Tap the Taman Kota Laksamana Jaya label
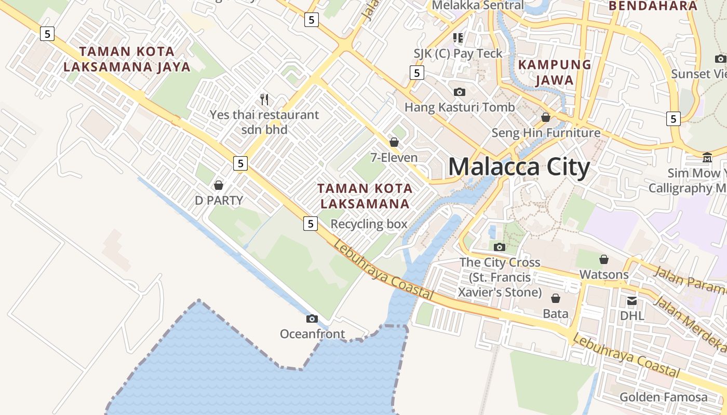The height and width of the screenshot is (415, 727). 134,59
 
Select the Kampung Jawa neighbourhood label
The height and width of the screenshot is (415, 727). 555,72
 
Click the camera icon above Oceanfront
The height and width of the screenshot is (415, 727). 312,319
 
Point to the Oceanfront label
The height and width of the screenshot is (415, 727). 312,334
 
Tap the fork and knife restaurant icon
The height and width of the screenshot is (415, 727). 264,99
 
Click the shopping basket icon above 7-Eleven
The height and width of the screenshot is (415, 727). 394,142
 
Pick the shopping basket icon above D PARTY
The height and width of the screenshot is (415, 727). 219,185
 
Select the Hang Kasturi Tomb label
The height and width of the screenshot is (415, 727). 460,107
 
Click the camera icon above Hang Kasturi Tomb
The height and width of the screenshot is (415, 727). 460,92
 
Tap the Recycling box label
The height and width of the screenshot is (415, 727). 369,224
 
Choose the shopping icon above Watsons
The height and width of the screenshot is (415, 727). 604,259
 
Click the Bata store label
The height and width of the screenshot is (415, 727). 555,313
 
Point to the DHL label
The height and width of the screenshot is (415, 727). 632,315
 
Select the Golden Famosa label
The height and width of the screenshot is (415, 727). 663,397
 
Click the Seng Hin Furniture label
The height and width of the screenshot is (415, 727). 546,133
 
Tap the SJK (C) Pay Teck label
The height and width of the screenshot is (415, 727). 458,53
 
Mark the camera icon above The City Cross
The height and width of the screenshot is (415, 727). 500,247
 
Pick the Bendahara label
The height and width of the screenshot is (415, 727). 652,6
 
